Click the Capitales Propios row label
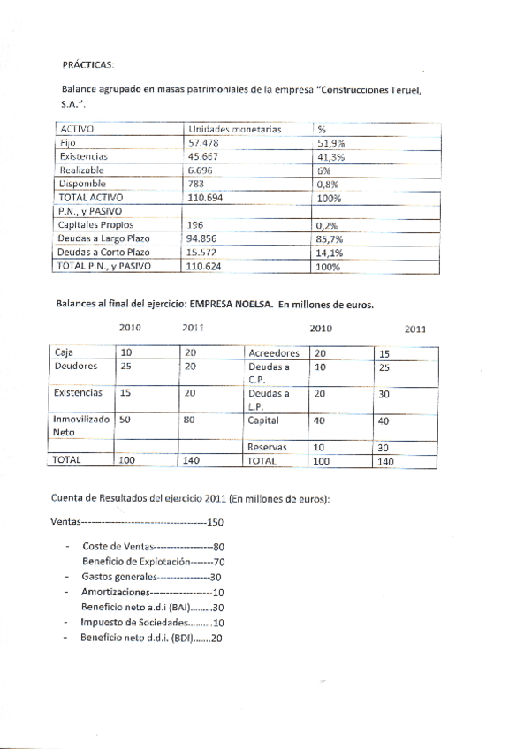(x=95, y=225)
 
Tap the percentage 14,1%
(x=329, y=252)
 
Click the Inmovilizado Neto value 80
(x=188, y=420)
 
